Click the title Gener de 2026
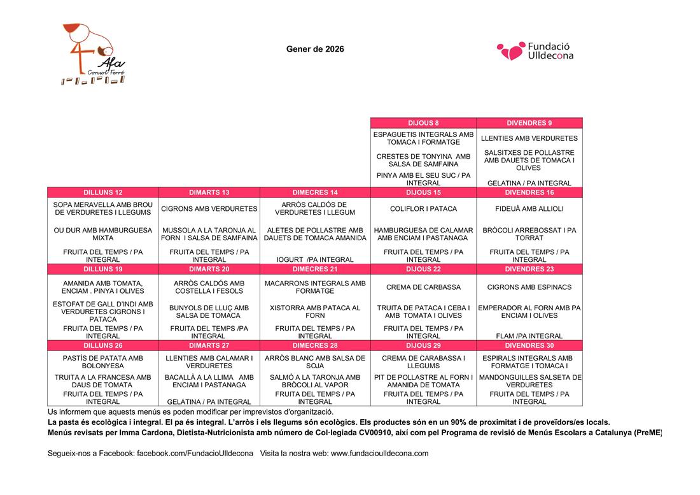[315, 49]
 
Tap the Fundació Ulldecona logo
[535, 51]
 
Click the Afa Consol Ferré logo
[93, 54]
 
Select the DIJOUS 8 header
[423, 123]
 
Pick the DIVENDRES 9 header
[529, 123]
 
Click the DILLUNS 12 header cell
[103, 192]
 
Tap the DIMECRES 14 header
[315, 192]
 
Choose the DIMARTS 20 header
[209, 269]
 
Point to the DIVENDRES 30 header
[529, 345]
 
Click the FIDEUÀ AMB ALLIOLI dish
[529, 209]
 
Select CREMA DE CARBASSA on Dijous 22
[423, 287]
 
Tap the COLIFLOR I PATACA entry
[423, 209]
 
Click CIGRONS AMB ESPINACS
[529, 287]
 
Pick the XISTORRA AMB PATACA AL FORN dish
[315, 312]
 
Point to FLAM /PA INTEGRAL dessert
[529, 336]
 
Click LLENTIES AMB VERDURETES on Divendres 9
[529, 138]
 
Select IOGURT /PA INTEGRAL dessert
[315, 259]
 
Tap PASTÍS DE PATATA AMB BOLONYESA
[103, 362]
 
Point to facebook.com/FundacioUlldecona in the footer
[195, 454]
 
